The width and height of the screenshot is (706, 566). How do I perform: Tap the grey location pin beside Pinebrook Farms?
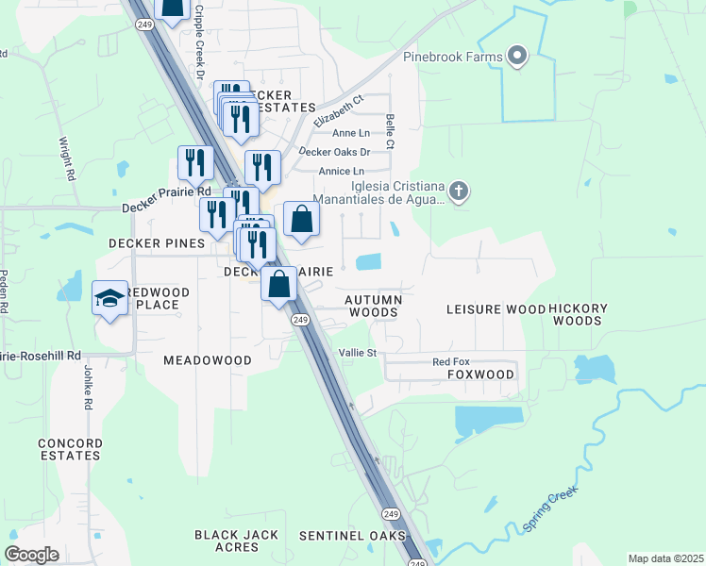point(516,56)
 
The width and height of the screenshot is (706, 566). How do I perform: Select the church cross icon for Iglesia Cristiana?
point(458,192)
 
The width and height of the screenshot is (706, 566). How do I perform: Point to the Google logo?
point(31,555)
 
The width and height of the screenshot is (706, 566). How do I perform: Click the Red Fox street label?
point(450,362)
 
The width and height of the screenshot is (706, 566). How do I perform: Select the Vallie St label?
point(358,353)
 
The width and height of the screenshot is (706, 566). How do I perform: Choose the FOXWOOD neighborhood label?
point(480,375)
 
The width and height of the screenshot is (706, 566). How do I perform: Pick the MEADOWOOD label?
point(208,360)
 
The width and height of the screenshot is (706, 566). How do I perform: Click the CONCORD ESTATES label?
point(70,449)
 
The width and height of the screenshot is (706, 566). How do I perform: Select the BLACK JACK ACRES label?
point(227,541)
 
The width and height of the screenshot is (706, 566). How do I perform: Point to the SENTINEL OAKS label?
point(352,535)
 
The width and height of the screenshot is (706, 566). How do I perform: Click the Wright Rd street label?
point(67,159)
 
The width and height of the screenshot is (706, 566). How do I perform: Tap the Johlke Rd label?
point(87,388)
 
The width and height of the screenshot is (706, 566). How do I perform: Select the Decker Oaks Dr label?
point(334,151)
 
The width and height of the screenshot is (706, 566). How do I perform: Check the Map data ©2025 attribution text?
point(665,558)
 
